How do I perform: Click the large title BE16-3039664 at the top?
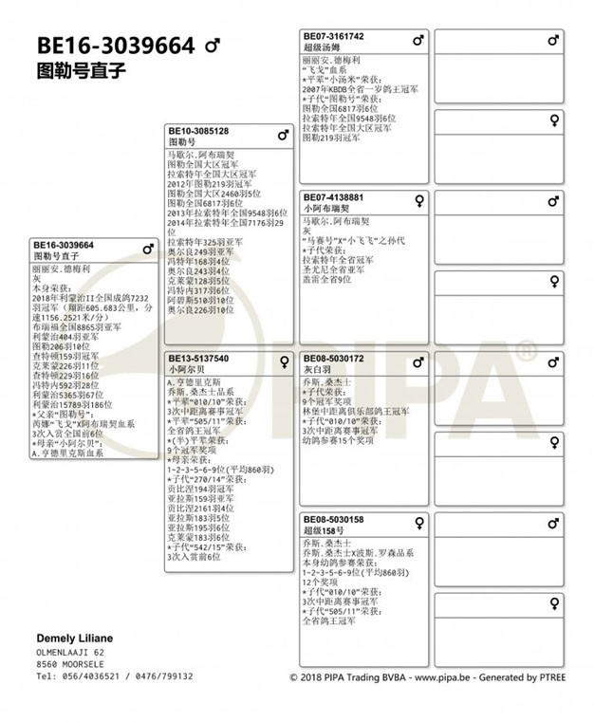pos(115,46)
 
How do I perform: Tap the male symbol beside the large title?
pos(213,46)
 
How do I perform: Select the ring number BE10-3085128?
pos(198,131)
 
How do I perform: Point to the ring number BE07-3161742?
pos(334,37)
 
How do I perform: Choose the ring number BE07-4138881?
pos(334,197)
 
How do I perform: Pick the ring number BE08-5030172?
pos(334,360)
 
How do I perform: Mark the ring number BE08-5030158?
pos(334,520)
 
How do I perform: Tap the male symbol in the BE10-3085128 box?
pos(283,135)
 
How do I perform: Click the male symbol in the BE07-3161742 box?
pos(418,41)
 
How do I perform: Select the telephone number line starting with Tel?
pos(101,676)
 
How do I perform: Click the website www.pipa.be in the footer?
pos(439,677)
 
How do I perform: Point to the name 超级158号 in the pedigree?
pos(325,531)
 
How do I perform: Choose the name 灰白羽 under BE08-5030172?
pos(319,370)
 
